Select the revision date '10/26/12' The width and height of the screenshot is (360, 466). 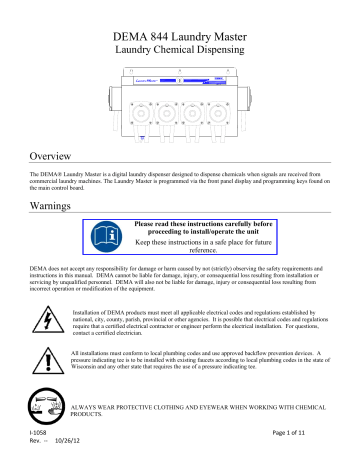pos(70,457)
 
